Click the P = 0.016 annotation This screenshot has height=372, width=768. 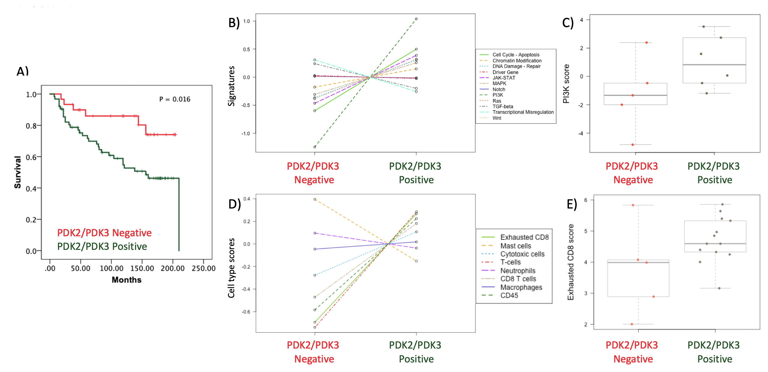tap(175, 99)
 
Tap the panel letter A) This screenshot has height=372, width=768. tap(23, 72)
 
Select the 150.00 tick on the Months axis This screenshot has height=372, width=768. tap(142, 268)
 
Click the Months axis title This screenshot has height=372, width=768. tap(127, 280)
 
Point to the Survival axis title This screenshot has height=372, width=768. tap(18, 172)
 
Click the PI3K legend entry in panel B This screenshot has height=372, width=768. tap(498, 95)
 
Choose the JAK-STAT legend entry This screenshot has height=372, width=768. tap(503, 78)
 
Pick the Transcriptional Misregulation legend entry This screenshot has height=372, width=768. tap(523, 112)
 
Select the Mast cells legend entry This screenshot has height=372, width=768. tap(515, 246)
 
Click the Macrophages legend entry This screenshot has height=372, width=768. tap(521, 287)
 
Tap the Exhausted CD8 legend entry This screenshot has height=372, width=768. tap(524, 237)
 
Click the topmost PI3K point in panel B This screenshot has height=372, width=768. tap(416, 19)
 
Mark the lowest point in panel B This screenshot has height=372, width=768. tap(315, 147)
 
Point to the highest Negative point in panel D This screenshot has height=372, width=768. tap(315, 199)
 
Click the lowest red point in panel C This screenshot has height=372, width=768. tap(632, 145)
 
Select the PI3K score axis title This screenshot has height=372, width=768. tap(566, 84)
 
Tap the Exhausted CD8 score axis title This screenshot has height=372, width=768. tap(570, 262)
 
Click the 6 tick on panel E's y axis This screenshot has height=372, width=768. tap(586, 200)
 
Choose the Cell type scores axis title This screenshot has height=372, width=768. tap(231, 268)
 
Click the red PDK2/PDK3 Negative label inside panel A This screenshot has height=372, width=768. tap(104, 233)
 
